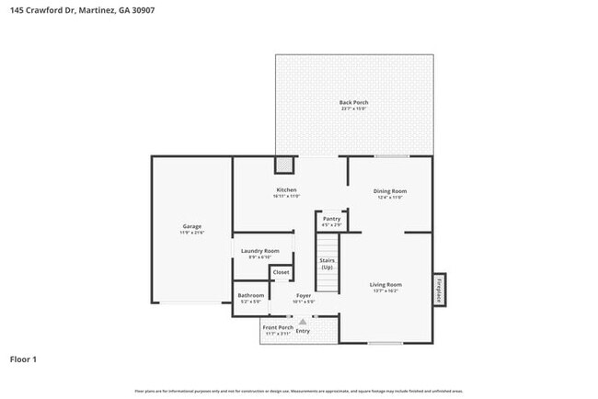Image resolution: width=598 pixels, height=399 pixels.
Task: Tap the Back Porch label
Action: (x=353, y=102)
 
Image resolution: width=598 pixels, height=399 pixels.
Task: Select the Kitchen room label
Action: (x=286, y=190)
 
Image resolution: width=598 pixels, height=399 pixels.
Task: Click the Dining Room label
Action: (x=392, y=191)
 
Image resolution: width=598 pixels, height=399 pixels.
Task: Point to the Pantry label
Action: (x=331, y=219)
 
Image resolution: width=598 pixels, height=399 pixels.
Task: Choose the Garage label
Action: (x=191, y=226)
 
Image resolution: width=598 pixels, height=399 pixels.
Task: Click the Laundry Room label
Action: (x=259, y=251)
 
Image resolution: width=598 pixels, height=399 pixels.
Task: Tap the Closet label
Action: (x=281, y=272)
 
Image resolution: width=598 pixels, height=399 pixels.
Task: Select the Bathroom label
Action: (x=251, y=295)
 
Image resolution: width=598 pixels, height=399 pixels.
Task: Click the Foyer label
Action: (x=304, y=295)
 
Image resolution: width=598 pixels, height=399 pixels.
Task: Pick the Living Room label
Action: (x=385, y=285)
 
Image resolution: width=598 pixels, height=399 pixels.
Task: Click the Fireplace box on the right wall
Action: (x=439, y=290)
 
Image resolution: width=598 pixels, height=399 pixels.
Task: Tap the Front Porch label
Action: (x=278, y=327)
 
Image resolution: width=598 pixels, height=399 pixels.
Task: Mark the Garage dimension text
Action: (x=191, y=233)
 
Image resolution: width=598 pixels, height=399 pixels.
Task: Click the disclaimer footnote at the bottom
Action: (x=298, y=391)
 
